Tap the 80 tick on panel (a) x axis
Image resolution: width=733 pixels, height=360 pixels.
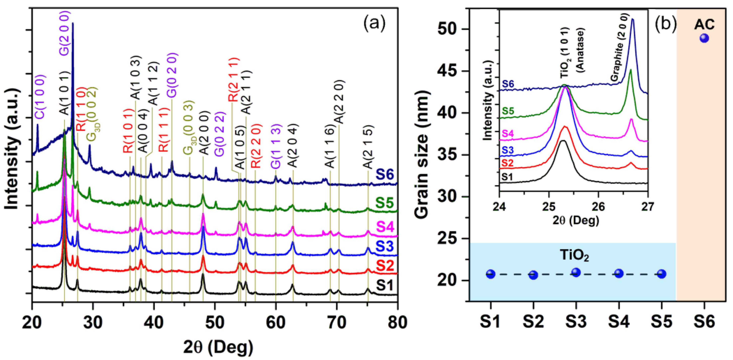397,323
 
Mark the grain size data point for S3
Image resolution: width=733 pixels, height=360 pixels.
576,272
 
